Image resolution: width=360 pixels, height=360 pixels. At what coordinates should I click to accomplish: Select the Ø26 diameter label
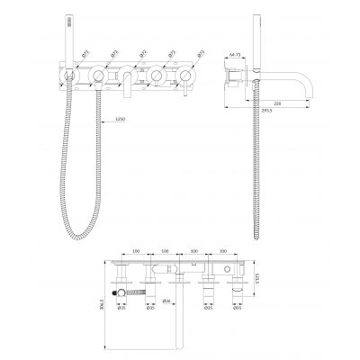[x=166, y=300]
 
